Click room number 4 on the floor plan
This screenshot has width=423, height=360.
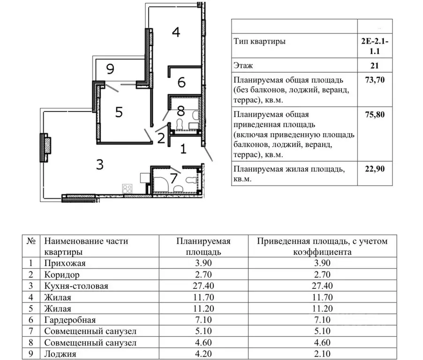tap(175, 32)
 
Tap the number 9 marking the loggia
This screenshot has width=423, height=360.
tap(110, 70)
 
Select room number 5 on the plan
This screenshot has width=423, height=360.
tap(119, 112)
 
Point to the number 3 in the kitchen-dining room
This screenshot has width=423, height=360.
tap(99, 165)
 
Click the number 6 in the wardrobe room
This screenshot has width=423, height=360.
tap(181, 82)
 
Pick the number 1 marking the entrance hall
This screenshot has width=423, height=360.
tap(183, 150)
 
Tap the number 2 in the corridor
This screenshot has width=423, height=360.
tap(160, 138)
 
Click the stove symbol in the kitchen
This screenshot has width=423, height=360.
tap(127, 189)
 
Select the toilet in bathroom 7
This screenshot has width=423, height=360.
tap(191, 180)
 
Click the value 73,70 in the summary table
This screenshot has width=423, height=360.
tap(375, 80)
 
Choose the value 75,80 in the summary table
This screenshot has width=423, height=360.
tap(375, 114)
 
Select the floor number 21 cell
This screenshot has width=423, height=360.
tap(375, 66)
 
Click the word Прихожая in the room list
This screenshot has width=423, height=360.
tap(63, 263)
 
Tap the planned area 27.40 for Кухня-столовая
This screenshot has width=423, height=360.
tap(204, 286)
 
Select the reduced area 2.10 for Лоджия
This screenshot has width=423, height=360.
tap(322, 354)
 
